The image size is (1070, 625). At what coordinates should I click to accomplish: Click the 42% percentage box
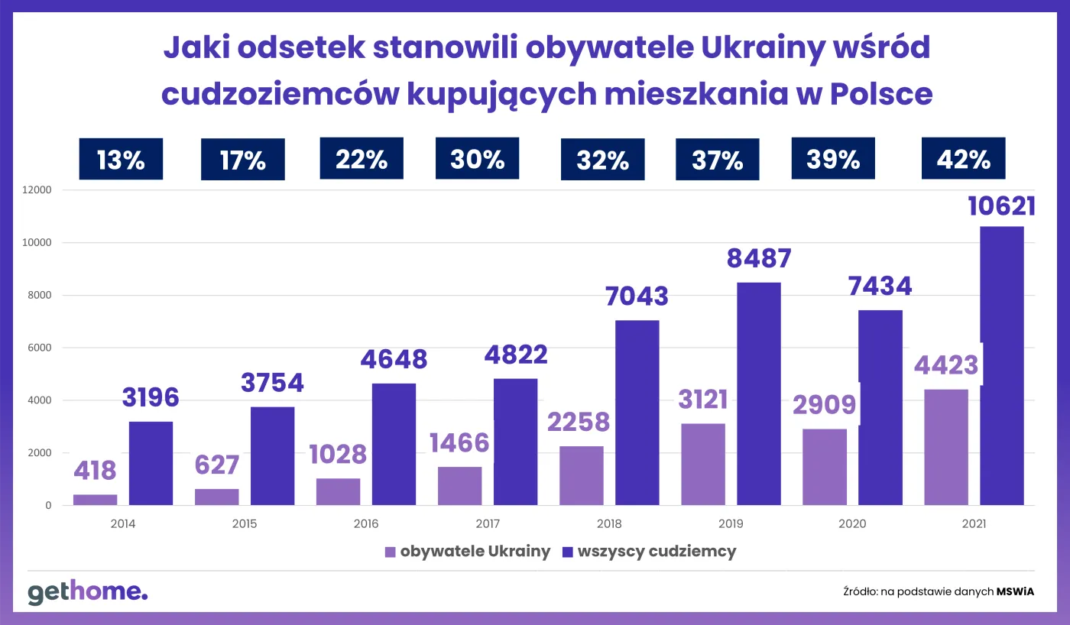click(963, 159)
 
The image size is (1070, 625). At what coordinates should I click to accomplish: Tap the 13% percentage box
click(121, 160)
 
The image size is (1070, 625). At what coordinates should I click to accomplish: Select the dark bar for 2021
click(1002, 367)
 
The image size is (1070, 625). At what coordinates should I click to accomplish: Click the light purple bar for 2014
click(96, 500)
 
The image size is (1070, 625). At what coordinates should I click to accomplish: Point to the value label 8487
click(758, 258)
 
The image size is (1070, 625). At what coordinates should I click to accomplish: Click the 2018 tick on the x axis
click(609, 525)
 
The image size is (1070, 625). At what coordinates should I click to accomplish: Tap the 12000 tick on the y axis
click(37, 190)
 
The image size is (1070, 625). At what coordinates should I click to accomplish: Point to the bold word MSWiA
click(1016, 591)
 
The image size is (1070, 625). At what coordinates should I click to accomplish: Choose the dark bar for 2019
click(758, 393)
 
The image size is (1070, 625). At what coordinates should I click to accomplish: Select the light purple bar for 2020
click(824, 467)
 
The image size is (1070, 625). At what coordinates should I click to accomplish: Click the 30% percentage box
click(477, 159)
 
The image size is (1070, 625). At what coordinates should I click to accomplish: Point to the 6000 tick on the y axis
click(40, 348)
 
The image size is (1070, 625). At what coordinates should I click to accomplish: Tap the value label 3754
click(272, 382)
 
